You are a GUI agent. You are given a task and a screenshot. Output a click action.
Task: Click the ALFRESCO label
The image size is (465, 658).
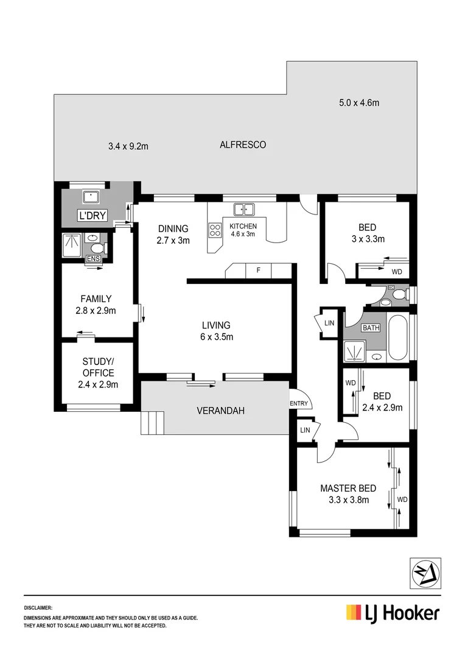coord(243,145)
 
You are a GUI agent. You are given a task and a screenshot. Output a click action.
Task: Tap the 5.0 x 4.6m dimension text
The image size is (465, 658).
coord(359,103)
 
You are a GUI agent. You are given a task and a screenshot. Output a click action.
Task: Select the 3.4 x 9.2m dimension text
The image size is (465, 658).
coord(128,146)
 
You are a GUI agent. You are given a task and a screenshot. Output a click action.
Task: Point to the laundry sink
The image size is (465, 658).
coord(92,197)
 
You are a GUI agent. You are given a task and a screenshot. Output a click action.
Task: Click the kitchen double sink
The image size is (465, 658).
coord(244,210)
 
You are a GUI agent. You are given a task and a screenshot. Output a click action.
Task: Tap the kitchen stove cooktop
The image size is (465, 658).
coord(215,230)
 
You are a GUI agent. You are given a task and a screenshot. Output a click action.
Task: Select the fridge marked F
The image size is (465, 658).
coord(258,270)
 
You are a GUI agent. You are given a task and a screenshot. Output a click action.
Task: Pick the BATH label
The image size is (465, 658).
coord(371,328)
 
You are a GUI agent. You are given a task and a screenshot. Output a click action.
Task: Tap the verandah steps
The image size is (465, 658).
coord(152,422)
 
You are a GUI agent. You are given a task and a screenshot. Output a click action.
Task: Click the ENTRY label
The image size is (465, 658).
coord(299,403)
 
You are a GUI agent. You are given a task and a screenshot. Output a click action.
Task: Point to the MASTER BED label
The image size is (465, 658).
coord(348,488)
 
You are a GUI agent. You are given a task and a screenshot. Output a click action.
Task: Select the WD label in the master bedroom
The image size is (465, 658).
coord(402,499)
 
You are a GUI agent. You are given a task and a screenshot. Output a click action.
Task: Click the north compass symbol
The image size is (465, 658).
coord(424,573)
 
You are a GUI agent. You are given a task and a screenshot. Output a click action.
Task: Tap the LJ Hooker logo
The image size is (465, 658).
coord(393,612)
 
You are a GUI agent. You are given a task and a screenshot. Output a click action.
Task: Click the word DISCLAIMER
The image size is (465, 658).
coord(38,608)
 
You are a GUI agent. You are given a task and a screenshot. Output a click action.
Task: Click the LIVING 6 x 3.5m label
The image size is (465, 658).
coord(217,331)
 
